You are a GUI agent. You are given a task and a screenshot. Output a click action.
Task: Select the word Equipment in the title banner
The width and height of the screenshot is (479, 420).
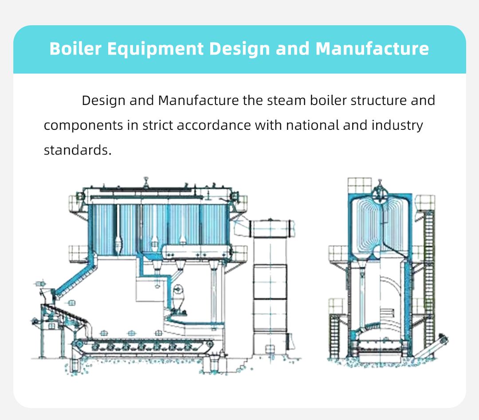click(155, 48)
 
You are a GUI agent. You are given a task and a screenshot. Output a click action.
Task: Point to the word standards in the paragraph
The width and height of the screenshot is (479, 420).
click(76, 150)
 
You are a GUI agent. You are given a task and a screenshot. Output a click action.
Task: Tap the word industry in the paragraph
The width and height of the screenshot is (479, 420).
click(397, 125)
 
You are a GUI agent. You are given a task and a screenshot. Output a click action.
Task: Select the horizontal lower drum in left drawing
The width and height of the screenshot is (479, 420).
click(195, 252)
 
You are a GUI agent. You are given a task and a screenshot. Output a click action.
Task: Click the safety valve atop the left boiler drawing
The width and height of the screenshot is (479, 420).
click(145, 182)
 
